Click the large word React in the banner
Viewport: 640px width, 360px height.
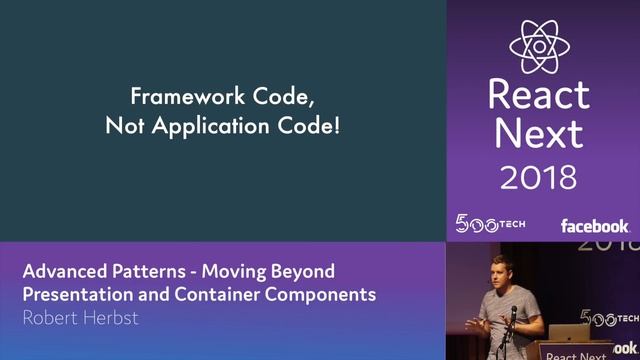coord(539,95)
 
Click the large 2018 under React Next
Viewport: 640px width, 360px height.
coord(539,178)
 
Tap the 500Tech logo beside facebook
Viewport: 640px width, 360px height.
coord(490,223)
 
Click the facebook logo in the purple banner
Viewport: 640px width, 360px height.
coord(594,225)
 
